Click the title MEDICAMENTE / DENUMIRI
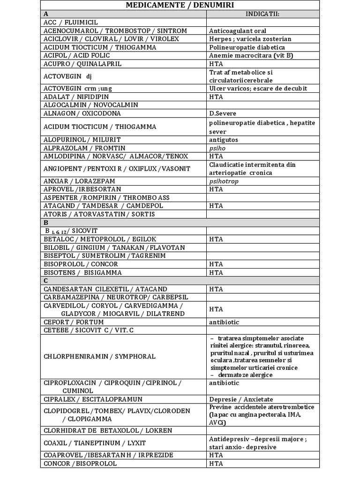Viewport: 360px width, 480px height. pos(180,5)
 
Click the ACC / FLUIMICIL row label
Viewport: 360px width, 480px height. pos(71,22)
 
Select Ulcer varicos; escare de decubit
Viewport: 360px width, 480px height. pos(257,89)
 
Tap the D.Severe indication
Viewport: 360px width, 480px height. pos(223,113)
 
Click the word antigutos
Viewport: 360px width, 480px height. pos(224,140)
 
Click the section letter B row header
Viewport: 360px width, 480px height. pos(46,223)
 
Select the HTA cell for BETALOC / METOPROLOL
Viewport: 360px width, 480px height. pos(216,239)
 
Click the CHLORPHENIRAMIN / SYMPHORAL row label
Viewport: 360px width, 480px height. pos(99,356)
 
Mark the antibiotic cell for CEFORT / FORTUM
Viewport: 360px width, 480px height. pos(224,322)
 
